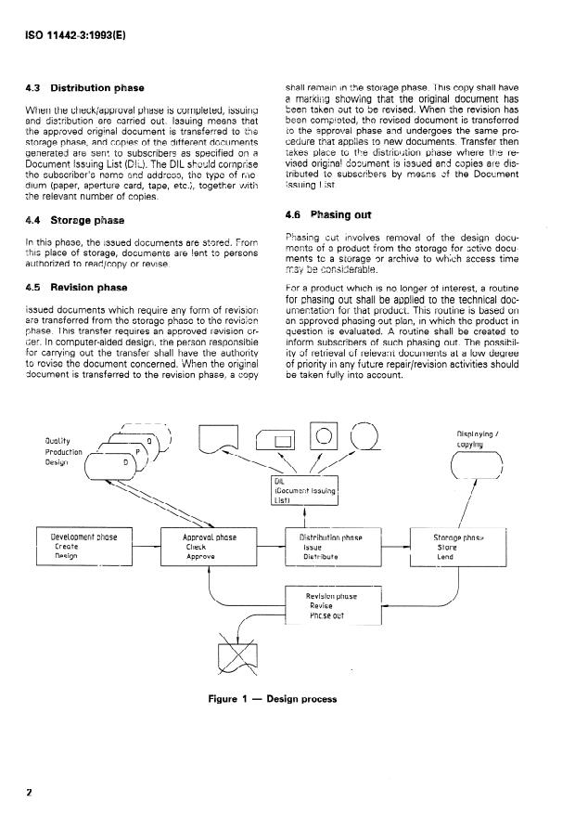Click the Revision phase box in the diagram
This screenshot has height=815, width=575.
(333, 609)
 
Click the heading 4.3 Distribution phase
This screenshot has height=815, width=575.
(84, 88)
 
